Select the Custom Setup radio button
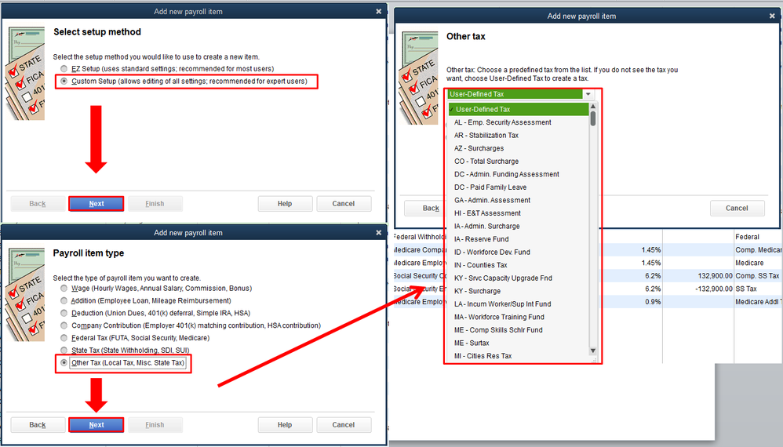tap(64, 82)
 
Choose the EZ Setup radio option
tap(64, 69)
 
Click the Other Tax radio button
tap(64, 362)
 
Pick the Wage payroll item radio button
tap(64, 289)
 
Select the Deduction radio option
tap(64, 314)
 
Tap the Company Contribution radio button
tap(64, 325)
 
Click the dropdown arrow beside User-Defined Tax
tap(588, 94)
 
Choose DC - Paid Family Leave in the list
tap(490, 187)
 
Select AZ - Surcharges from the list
tap(479, 148)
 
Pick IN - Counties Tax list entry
tap(480, 265)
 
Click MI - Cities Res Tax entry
tap(483, 356)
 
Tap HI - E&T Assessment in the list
tap(487, 213)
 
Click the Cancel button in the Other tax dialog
tap(737, 208)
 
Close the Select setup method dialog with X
tap(378, 12)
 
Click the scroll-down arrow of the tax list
tap(593, 351)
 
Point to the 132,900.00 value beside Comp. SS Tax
tap(715, 276)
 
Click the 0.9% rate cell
tap(653, 302)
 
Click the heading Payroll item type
tap(89, 253)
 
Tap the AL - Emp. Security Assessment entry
tap(502, 122)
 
